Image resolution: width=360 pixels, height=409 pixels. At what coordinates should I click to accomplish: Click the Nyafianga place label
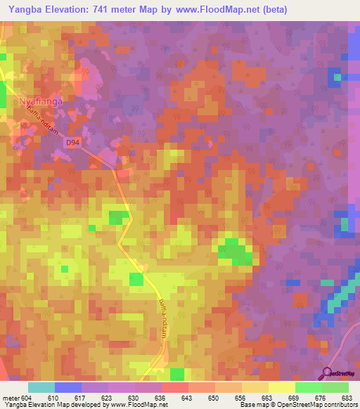40,101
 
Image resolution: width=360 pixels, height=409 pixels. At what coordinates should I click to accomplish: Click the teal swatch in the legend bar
41,387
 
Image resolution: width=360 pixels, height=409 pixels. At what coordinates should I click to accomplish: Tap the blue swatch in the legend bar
68,387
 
